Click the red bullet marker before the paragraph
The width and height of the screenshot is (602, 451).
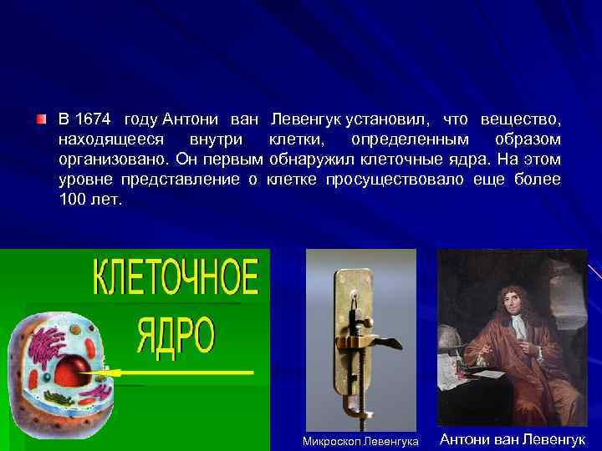(x=42, y=119)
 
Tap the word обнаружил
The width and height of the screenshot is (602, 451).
(x=311, y=159)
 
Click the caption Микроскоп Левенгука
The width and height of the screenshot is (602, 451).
(x=360, y=440)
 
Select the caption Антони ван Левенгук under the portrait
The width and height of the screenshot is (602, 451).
(x=512, y=439)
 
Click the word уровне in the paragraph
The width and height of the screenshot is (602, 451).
(x=86, y=180)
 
